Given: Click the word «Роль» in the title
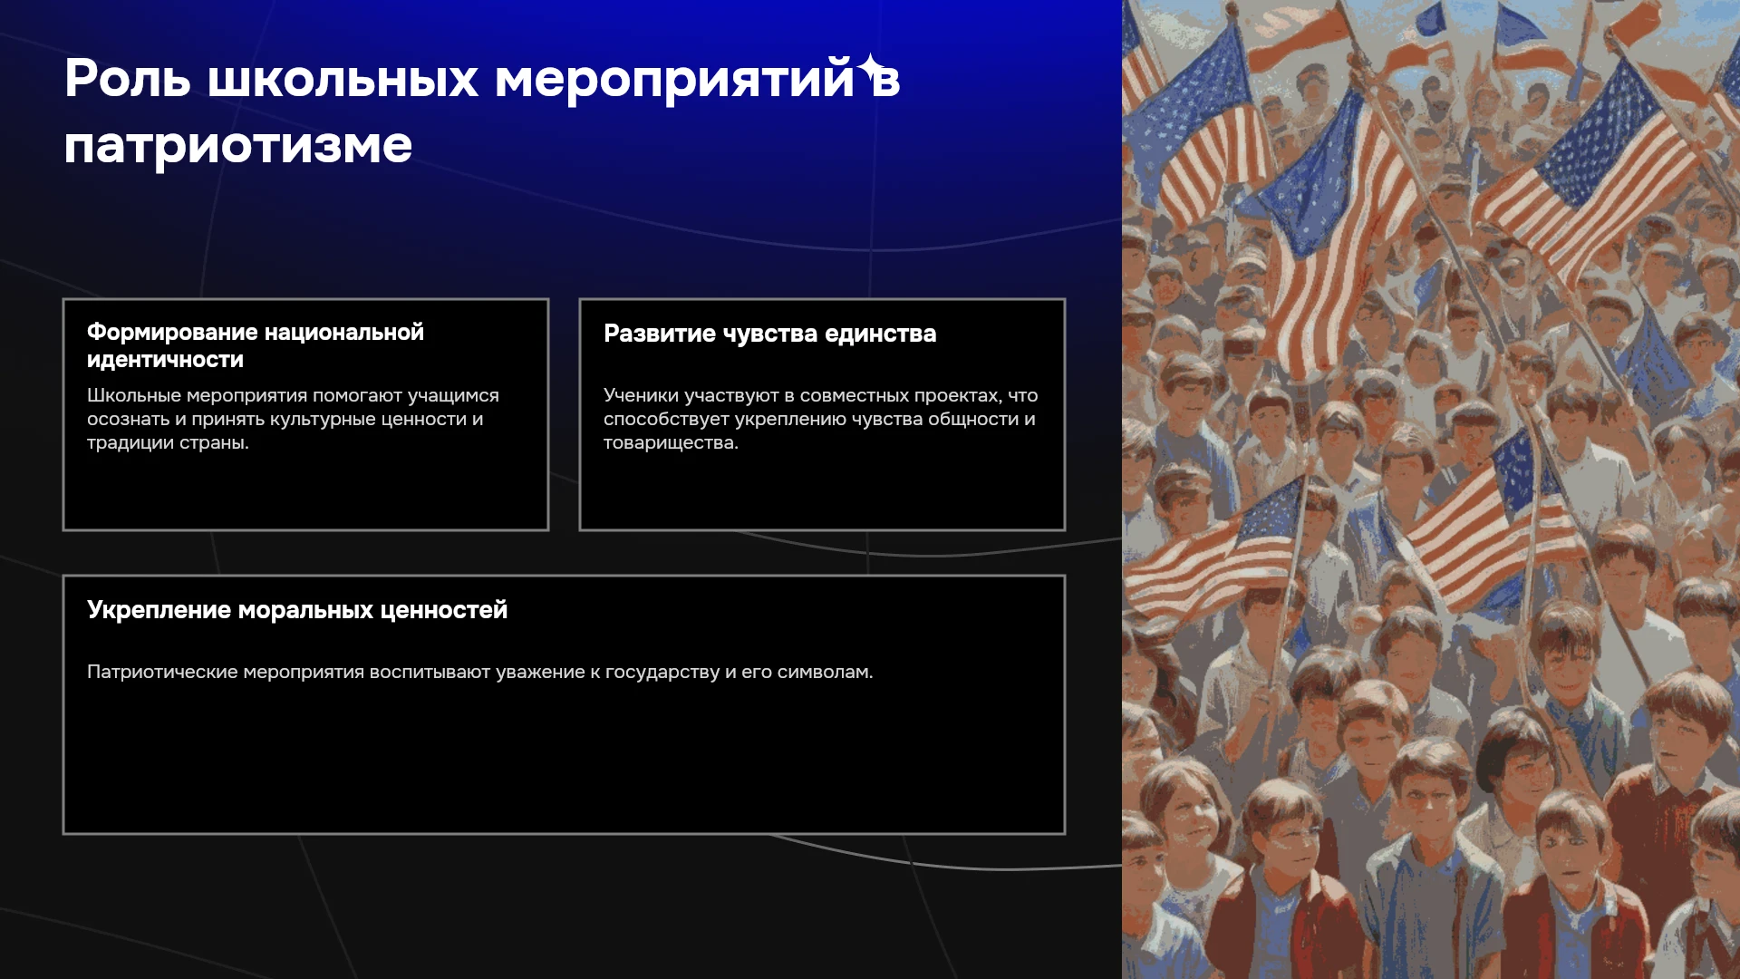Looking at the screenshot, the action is [128, 79].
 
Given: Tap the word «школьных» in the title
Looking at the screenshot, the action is [343, 79].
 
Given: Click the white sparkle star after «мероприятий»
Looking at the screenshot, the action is [872, 68].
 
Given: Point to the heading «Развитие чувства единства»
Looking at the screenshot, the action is [770, 334].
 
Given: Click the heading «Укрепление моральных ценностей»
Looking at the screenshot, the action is [297, 610].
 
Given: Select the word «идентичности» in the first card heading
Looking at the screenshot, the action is [165, 360].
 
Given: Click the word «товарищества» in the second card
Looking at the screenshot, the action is [671, 443].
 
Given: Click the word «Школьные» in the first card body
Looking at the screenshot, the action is [134, 396].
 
